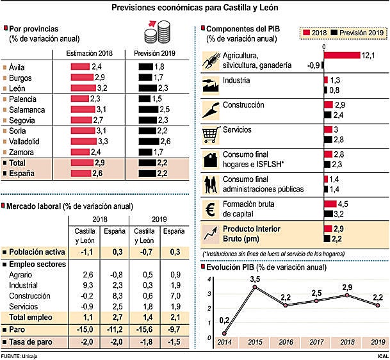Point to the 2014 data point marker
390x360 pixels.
coord(224,333)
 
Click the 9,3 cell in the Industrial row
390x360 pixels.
coord(88,284)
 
